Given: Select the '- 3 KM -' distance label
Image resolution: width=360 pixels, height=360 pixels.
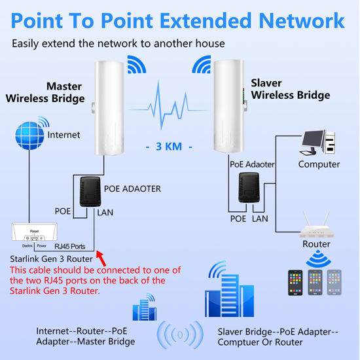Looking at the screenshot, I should point(169,147).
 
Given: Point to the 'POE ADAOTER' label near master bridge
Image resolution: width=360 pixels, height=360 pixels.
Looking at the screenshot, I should point(132,189).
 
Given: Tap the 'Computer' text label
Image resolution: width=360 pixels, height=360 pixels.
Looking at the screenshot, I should point(319,164).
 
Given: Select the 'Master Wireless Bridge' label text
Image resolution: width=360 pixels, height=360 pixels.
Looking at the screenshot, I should point(46,92).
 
